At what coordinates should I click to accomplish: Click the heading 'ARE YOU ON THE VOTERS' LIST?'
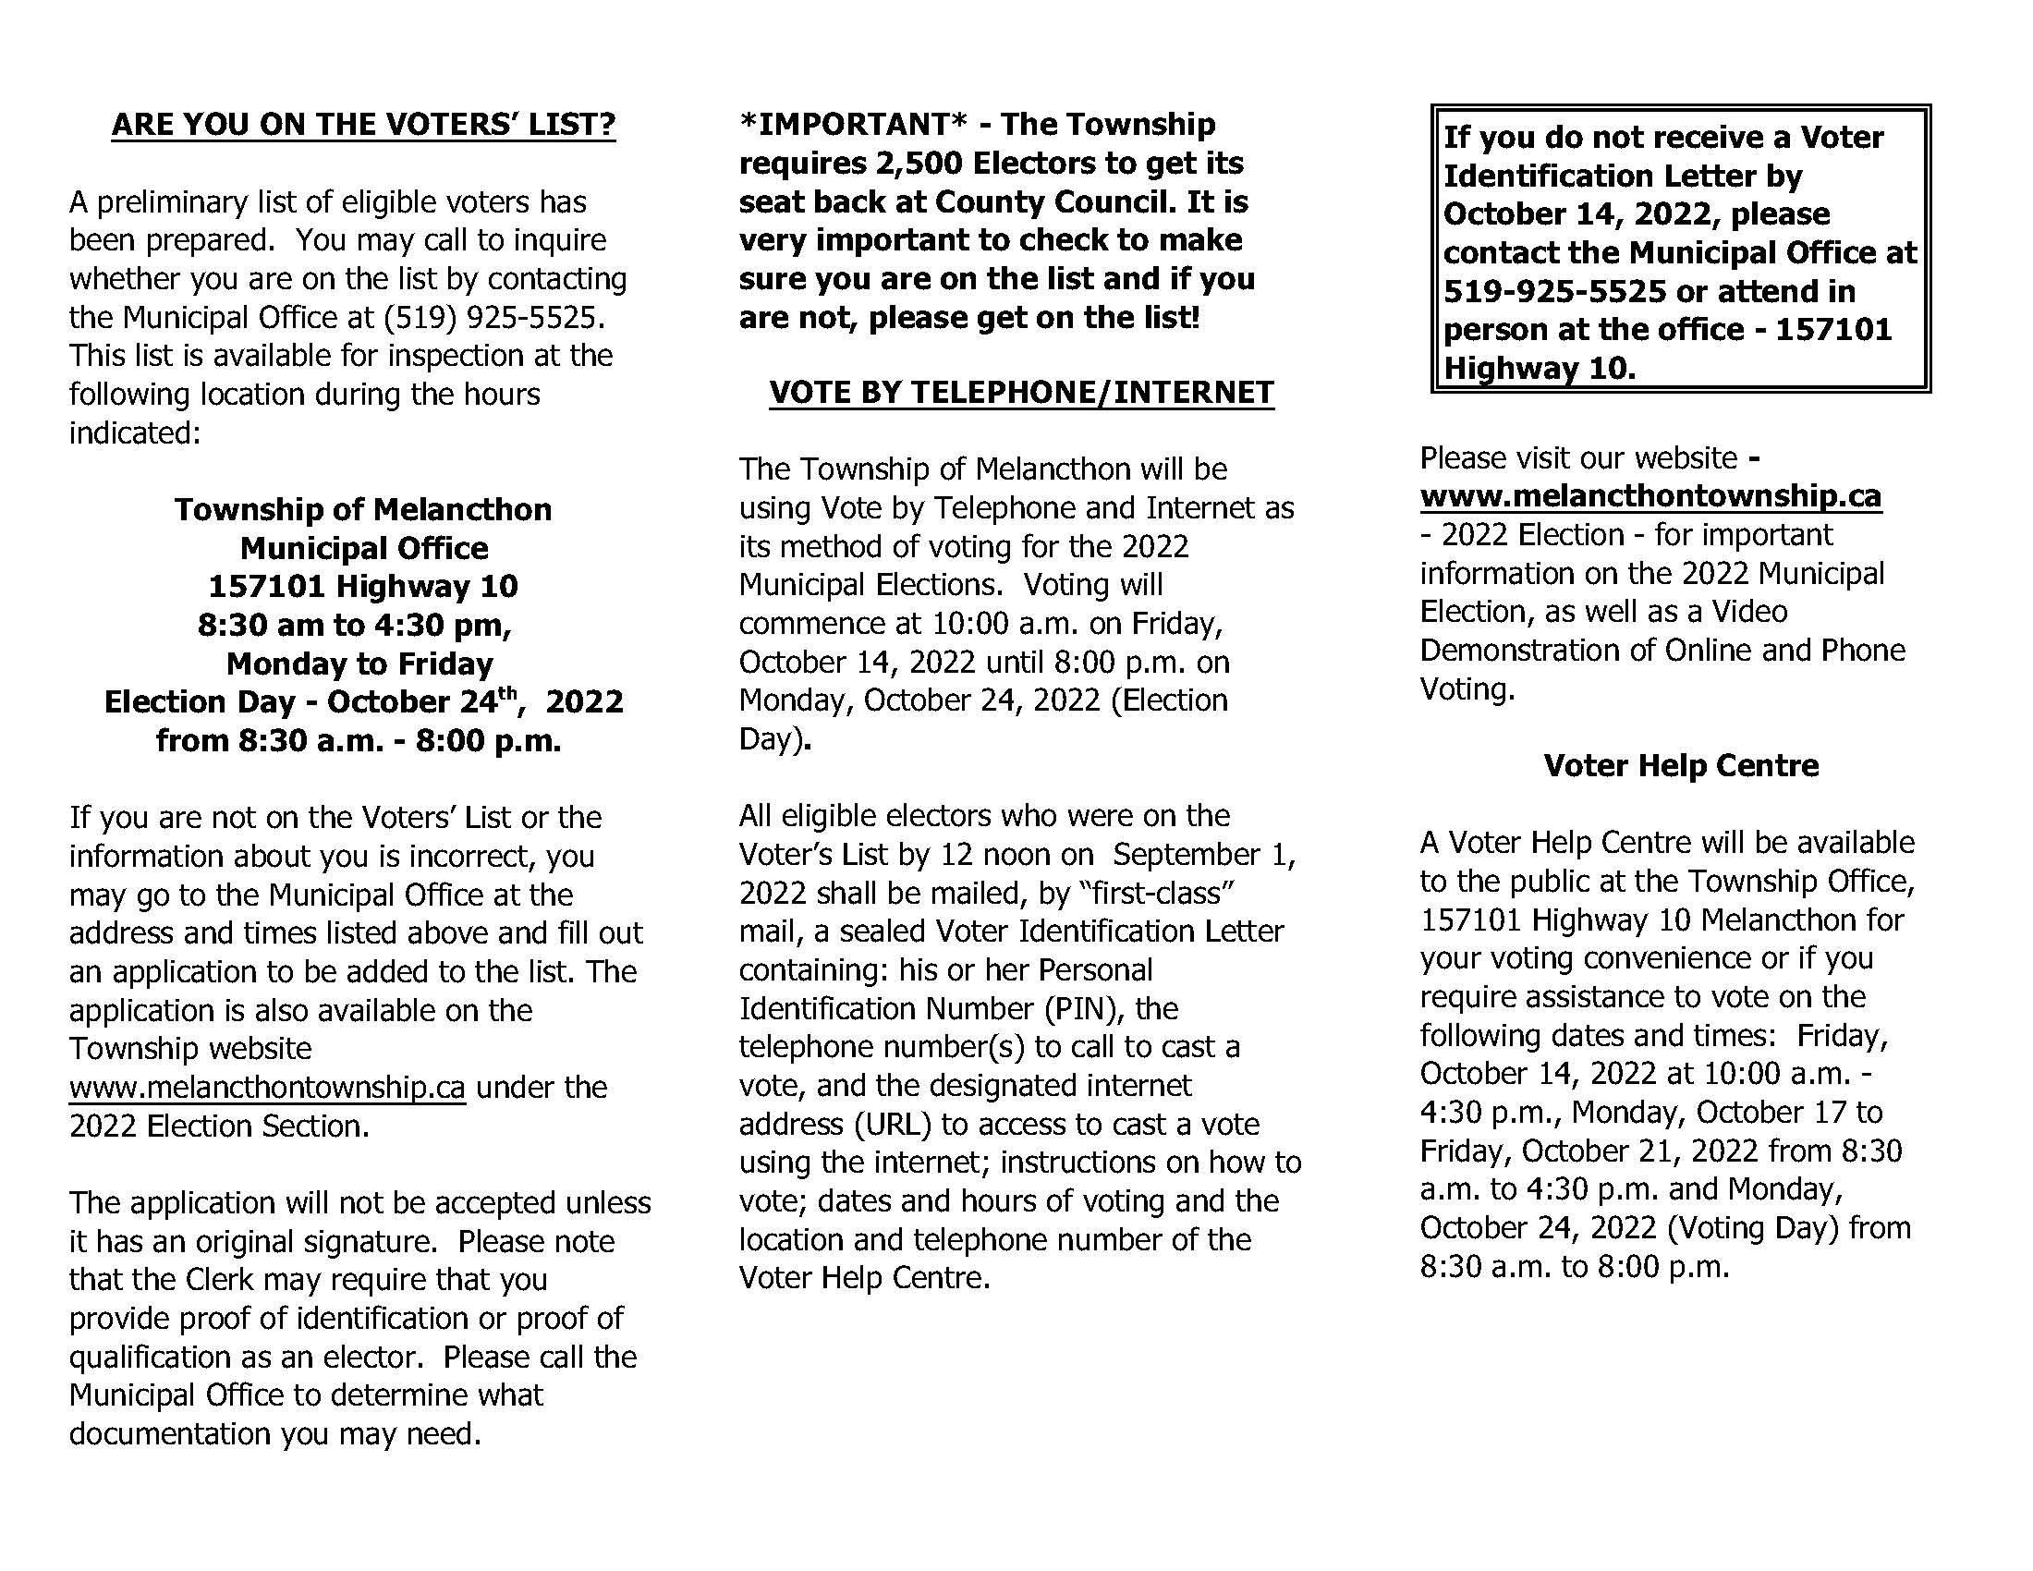click(x=363, y=125)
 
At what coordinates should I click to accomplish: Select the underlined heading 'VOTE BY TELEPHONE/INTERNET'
click(x=1021, y=393)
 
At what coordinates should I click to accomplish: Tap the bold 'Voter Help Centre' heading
click(x=1680, y=765)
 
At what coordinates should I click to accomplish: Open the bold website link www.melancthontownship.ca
click(x=1650, y=496)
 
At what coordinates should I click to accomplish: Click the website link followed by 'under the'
click(x=266, y=1087)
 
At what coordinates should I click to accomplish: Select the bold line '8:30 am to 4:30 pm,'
click(x=355, y=625)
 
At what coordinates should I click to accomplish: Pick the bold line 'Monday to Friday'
click(x=359, y=664)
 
